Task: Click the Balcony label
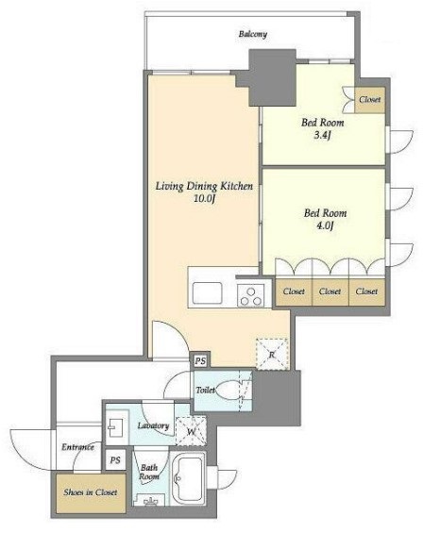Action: point(252,34)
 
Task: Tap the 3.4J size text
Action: point(322,135)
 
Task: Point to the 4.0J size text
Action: point(325,225)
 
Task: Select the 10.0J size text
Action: point(204,199)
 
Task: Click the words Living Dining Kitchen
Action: point(204,186)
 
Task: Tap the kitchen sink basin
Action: point(207,292)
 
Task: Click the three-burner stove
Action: point(251,295)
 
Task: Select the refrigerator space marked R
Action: point(272,354)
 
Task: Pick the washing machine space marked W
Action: point(191,431)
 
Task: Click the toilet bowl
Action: point(228,390)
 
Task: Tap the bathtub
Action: point(188,478)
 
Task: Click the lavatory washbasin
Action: point(116,427)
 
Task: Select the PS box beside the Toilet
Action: point(200,360)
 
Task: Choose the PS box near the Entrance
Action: point(115,460)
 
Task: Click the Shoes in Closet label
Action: point(91,491)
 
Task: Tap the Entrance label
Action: point(78,446)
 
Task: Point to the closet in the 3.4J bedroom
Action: point(370,100)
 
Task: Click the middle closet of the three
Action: point(330,291)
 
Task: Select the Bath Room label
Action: point(149,473)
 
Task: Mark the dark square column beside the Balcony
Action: point(272,77)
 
